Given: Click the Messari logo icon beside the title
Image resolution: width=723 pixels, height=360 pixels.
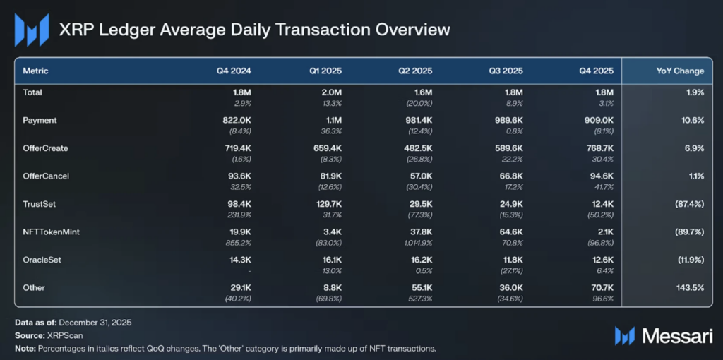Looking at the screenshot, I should point(32,30).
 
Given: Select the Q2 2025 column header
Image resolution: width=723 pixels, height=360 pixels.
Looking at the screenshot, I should point(415,71).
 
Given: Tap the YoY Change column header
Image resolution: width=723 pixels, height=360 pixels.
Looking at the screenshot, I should point(680,71).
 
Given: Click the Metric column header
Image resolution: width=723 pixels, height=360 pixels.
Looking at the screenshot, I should point(36,71).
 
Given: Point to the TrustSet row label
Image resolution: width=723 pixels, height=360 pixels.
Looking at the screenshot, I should point(39,204).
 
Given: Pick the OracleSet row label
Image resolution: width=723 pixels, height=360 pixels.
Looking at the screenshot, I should point(42,260).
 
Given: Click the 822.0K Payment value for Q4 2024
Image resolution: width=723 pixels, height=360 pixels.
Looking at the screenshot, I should point(237,121).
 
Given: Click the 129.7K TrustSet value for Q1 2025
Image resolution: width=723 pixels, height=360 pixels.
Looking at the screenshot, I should point(327,204).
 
